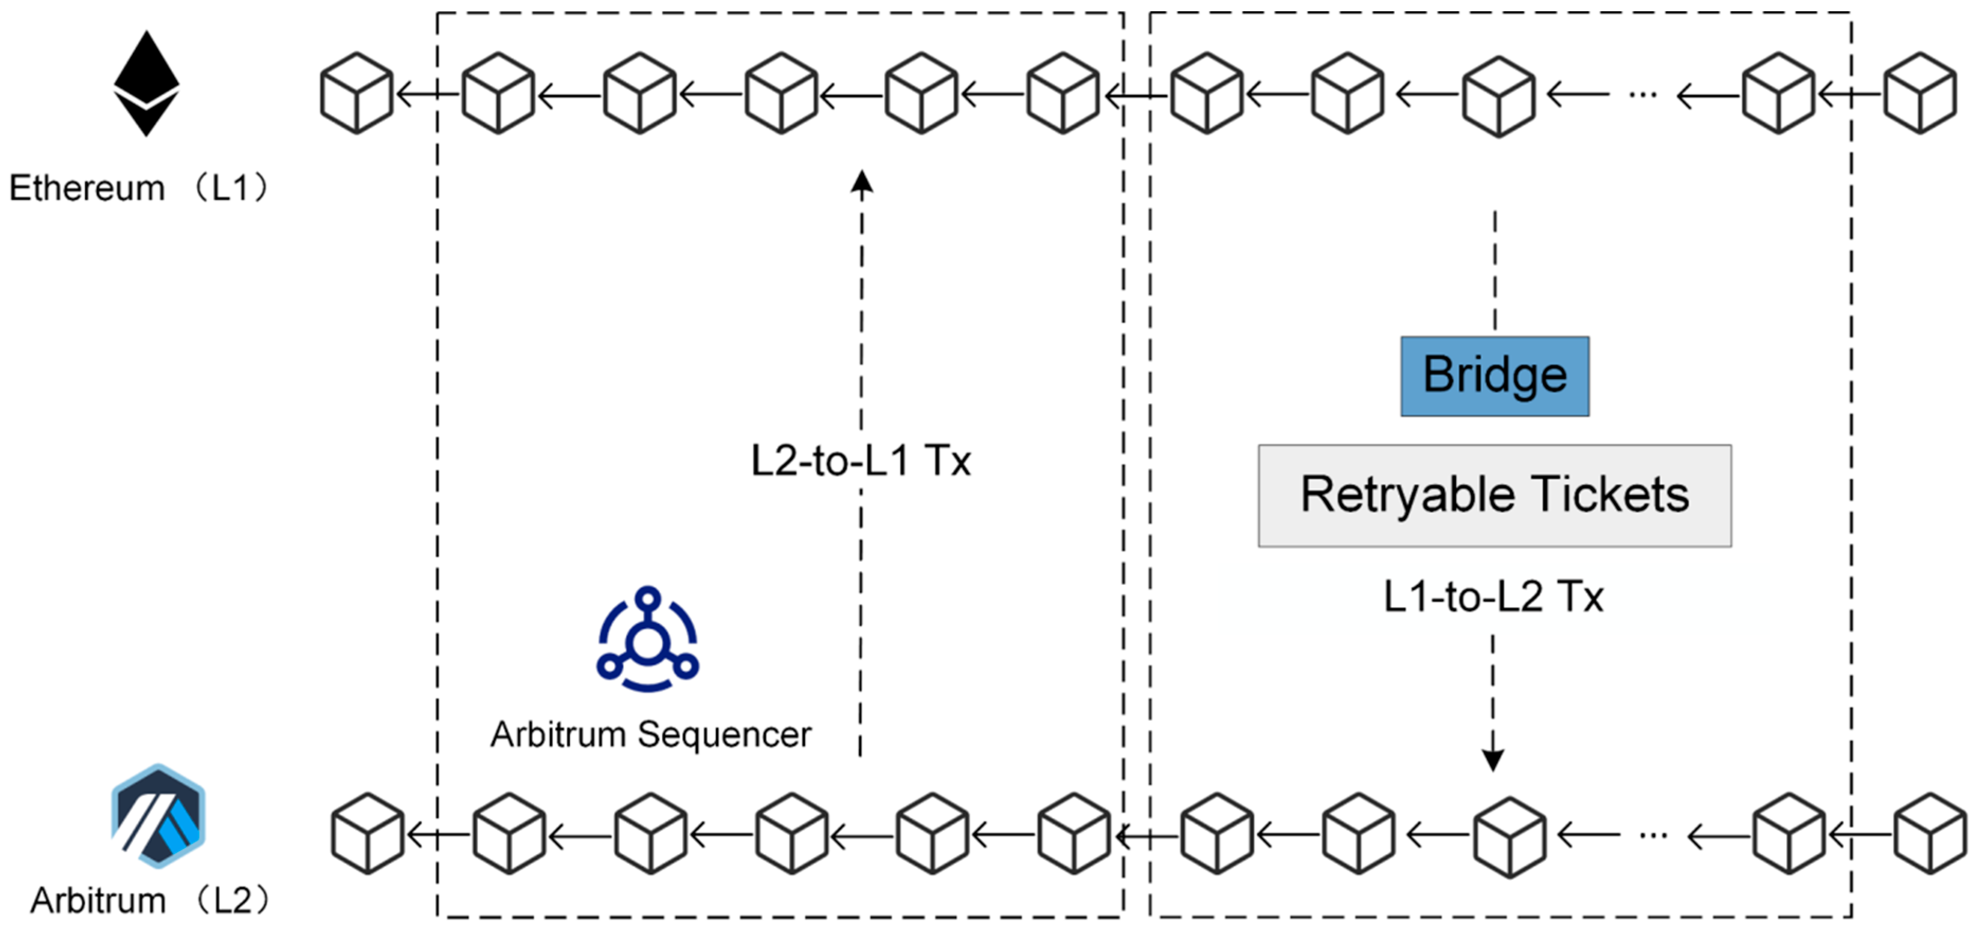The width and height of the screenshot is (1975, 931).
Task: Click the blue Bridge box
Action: [x=1494, y=376]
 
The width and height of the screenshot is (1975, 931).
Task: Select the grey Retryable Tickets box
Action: [x=1494, y=495]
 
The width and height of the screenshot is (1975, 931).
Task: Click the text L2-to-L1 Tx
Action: [x=860, y=461]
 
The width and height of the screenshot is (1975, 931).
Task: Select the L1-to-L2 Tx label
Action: [x=1493, y=596]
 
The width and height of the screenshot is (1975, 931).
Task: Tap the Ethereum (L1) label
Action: [x=138, y=188]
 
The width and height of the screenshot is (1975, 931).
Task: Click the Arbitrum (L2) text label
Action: [x=150, y=900]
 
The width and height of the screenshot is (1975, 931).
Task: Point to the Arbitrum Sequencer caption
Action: [x=651, y=735]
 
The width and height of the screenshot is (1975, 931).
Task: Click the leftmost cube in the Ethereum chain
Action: [x=357, y=94]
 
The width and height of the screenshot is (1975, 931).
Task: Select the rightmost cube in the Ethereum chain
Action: [x=1920, y=94]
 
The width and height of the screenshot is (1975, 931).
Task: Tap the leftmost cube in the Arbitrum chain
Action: [x=368, y=834]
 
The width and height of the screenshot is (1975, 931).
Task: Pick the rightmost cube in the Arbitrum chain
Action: [x=1930, y=834]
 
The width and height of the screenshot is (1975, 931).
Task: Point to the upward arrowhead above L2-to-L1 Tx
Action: [x=862, y=182]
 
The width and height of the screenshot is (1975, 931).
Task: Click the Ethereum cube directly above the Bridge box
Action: [x=1498, y=96]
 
